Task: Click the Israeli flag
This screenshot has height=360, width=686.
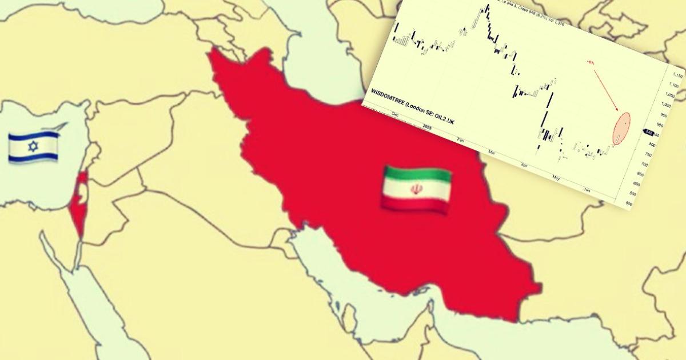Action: tap(34, 146)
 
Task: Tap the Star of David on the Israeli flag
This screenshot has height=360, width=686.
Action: tap(33, 147)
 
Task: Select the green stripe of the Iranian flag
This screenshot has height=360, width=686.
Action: tap(417, 175)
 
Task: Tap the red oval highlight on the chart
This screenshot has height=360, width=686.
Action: tap(622, 128)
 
